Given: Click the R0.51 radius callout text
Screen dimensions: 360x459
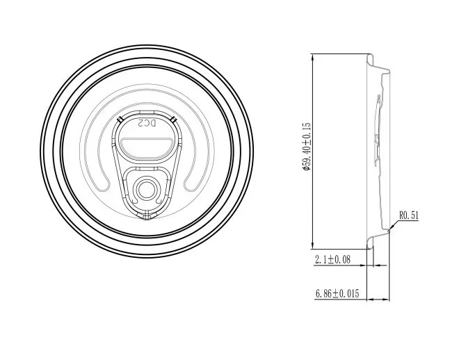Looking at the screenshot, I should click(410, 215).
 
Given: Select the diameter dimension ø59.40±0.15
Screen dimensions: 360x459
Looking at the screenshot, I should click(307, 149).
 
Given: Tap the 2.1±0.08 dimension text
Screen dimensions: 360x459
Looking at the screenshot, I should click(332, 259).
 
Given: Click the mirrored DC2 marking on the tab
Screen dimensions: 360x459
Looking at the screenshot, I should click(146, 124).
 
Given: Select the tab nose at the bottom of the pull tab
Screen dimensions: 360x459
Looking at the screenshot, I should click(146, 215).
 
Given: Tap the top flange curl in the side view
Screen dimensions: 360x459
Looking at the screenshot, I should click(381, 68).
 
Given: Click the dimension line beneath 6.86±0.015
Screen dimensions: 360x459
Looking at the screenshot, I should click(341, 300).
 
